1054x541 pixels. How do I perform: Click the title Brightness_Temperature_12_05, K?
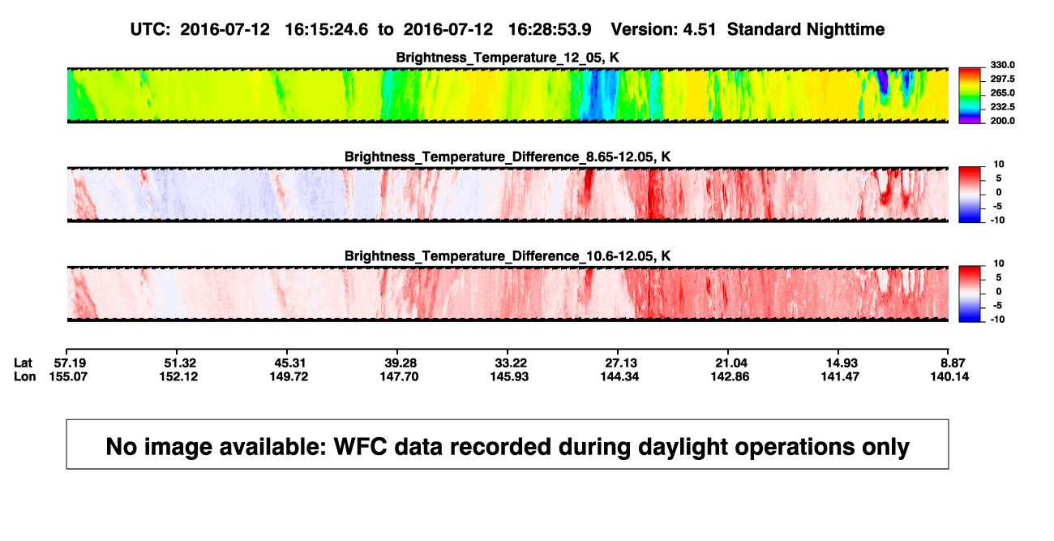coord(508,58)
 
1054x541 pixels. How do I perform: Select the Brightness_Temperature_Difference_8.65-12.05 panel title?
coord(508,157)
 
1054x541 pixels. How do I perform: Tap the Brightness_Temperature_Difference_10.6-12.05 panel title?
coord(508,256)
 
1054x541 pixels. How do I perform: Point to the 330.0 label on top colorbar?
coord(1002,65)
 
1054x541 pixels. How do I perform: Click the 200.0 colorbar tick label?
coord(1002,121)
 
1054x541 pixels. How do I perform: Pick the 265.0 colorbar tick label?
coord(1002,92)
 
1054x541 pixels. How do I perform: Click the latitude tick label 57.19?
coord(70,363)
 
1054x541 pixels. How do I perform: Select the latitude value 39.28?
coord(401,363)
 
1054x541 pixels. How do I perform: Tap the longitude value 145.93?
coord(509,376)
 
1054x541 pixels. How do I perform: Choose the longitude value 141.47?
coord(840,376)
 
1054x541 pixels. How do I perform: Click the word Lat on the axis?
coord(23,363)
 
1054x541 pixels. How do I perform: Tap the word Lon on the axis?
coord(25,376)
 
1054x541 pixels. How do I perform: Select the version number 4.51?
coord(699,30)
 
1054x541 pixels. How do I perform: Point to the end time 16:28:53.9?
coord(550,30)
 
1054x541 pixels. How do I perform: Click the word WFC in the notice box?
coord(360,447)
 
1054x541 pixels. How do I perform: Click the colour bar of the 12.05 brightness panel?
coord(970,96)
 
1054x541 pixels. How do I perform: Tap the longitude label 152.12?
coord(178,376)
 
